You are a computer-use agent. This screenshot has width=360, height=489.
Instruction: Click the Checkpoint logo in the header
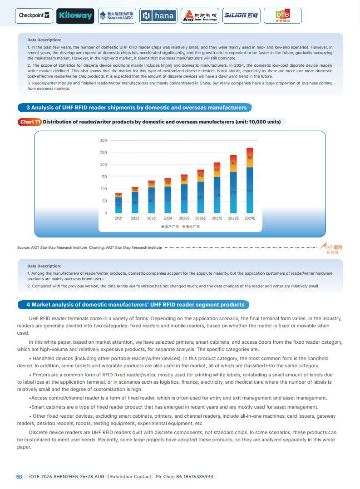(x=35, y=15)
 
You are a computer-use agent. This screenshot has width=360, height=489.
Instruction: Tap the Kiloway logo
(x=75, y=16)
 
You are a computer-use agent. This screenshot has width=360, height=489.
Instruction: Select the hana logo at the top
(x=158, y=16)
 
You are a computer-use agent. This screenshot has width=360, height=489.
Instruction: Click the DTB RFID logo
(x=282, y=16)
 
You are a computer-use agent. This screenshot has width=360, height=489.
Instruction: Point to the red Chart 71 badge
(x=30, y=122)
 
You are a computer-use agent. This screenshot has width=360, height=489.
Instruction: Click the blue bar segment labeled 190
(x=250, y=190)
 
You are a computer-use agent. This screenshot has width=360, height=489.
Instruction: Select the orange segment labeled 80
(x=250, y=158)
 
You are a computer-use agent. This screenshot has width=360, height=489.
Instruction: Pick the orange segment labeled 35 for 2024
(x=168, y=182)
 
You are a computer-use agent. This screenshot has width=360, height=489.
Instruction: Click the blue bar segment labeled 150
(x=217, y=195)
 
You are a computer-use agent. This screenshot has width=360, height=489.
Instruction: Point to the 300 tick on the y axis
(x=104, y=141)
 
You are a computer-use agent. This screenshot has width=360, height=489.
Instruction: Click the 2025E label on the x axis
(x=184, y=218)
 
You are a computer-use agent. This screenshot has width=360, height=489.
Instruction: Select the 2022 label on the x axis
(x=135, y=218)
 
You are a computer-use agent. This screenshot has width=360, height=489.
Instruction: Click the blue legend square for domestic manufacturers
(x=162, y=226)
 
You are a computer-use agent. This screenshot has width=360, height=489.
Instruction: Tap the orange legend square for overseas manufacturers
(x=183, y=226)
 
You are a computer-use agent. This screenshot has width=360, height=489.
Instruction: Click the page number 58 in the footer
(x=19, y=477)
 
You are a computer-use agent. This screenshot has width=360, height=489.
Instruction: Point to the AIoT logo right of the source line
(x=331, y=248)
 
